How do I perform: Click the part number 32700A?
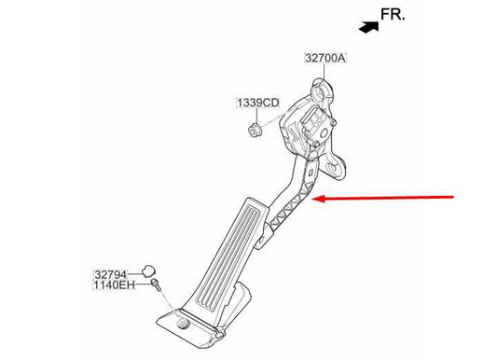click(324, 58)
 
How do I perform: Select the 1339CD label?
click(255, 103)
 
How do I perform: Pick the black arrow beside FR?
click(370, 28)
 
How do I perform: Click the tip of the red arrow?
click(318, 199)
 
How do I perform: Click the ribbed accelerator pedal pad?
click(225, 256)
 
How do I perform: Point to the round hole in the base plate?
click(185, 325)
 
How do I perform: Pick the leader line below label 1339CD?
click(255, 114)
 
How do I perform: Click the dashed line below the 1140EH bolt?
click(164, 298)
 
